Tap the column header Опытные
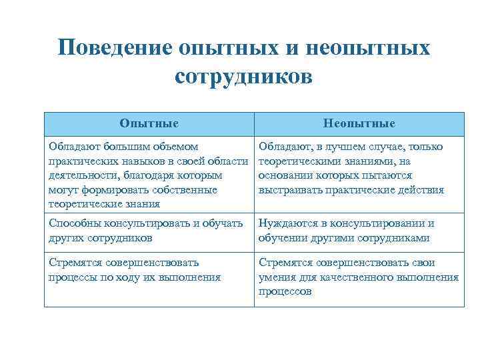tap(149, 123)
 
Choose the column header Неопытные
tap(359, 123)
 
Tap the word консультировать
tap(148, 223)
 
